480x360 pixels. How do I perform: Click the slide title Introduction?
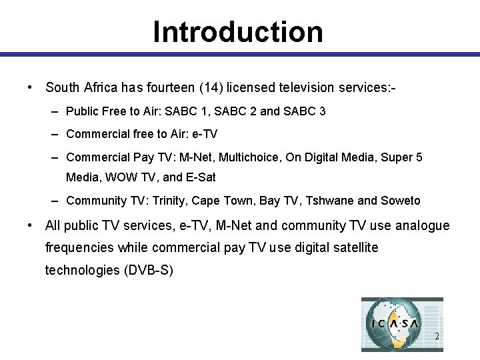[x=238, y=31]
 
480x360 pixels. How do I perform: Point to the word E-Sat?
[x=202, y=177]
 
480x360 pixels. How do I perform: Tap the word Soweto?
[x=401, y=201]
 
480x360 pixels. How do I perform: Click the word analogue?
[x=422, y=226]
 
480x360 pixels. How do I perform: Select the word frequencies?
[x=80, y=248]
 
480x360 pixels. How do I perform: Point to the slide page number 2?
[x=437, y=337]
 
